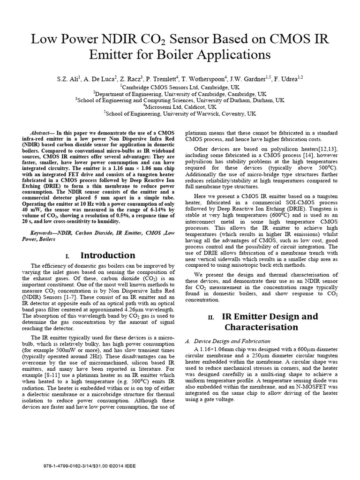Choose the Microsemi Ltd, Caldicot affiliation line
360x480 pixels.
coord(180,106)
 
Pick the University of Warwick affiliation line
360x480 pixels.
coord(180,113)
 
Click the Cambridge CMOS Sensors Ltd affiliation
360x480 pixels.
coord(180,87)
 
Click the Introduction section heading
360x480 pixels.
coord(108,255)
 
